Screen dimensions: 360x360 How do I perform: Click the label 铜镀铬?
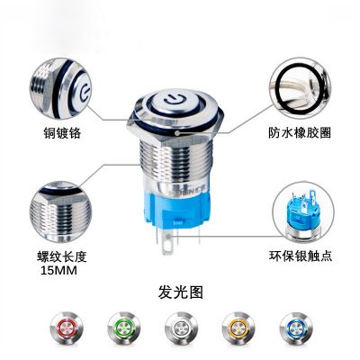tap(62, 132)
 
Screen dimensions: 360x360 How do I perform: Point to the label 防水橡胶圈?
tap(300, 132)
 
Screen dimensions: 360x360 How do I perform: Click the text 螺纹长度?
tap(62, 256)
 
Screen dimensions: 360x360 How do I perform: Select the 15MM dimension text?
tap(58, 271)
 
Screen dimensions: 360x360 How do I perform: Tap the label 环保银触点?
tap(301, 256)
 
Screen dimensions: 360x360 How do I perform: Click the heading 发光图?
tap(181, 292)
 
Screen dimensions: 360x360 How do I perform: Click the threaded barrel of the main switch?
tap(176, 164)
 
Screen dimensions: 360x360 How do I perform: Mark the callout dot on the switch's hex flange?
tap(177, 132)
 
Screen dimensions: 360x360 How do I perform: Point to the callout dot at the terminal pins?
tap(169, 236)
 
